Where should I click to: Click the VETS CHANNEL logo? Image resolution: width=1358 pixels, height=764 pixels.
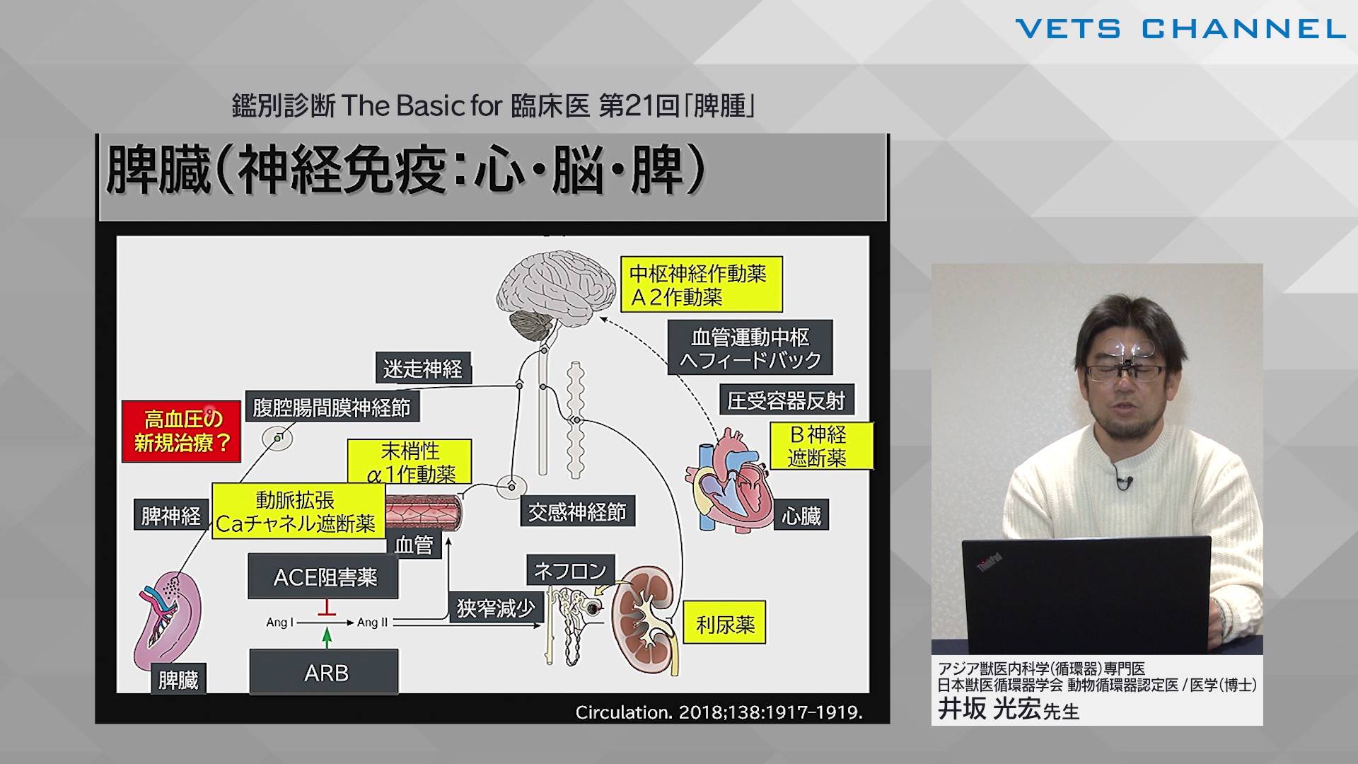point(1180,29)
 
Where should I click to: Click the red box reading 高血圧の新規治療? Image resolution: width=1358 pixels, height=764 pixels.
point(182,432)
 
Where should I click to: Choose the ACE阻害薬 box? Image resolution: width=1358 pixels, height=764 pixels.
point(324,577)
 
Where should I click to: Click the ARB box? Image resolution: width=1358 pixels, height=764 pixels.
point(324,672)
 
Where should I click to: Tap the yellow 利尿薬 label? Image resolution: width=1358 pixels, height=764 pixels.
point(725,623)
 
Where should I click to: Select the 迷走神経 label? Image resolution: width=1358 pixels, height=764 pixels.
point(422,369)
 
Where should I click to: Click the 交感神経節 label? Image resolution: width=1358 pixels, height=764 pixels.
point(577,511)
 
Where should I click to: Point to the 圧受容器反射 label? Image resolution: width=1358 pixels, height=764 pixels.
point(787,401)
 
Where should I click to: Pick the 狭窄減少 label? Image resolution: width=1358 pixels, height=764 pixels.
point(495,608)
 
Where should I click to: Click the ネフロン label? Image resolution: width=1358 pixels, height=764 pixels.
point(570,570)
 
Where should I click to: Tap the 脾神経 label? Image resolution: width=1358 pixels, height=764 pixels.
point(170,516)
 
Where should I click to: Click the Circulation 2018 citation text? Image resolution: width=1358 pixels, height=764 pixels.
point(719,712)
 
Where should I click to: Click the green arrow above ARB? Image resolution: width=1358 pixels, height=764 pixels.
point(326,637)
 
